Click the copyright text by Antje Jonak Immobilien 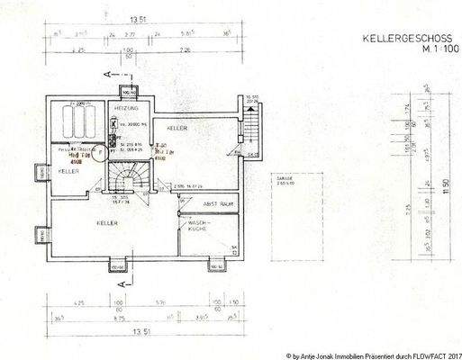click(374, 353)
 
